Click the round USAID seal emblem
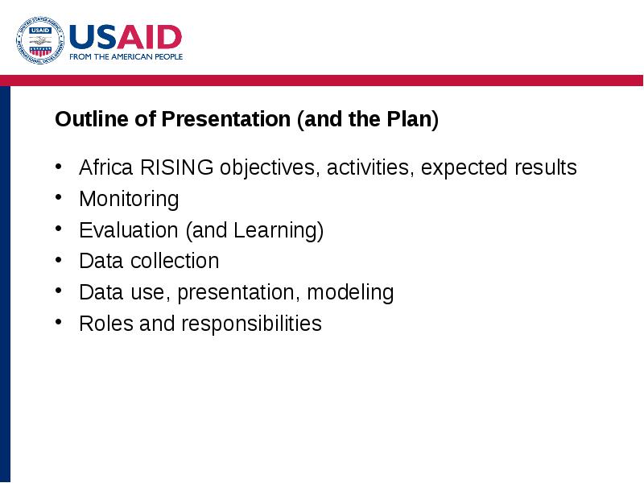pyautogui.click(x=40, y=40)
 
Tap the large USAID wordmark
pyautogui.click(x=126, y=37)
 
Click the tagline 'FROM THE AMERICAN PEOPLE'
pyautogui.click(x=126, y=56)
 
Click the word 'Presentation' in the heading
pyautogui.click(x=226, y=118)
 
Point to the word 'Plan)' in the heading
pyautogui.click(x=412, y=119)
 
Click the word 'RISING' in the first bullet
pyautogui.click(x=176, y=167)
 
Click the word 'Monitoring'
pyautogui.click(x=129, y=199)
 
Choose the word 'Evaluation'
pyautogui.click(x=129, y=229)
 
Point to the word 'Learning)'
pyautogui.click(x=279, y=230)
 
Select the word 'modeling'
pyautogui.click(x=350, y=293)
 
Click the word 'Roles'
pyautogui.click(x=106, y=324)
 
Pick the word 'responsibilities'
pyautogui.click(x=251, y=324)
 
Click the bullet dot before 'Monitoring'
pyautogui.click(x=58, y=197)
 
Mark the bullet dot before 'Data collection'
pyautogui.click(x=58, y=259)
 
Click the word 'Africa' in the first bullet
pyautogui.click(x=106, y=167)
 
